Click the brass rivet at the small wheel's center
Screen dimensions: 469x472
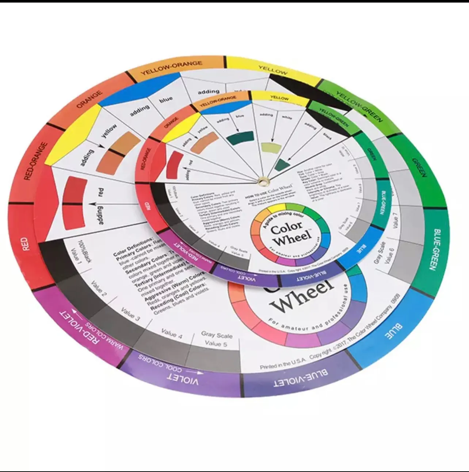coord(263,180)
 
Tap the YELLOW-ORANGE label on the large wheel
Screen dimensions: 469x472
coord(171,68)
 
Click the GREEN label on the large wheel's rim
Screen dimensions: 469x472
coord(419,167)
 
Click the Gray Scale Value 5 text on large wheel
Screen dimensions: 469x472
coord(216,339)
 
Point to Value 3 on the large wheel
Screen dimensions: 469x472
coord(130,315)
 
